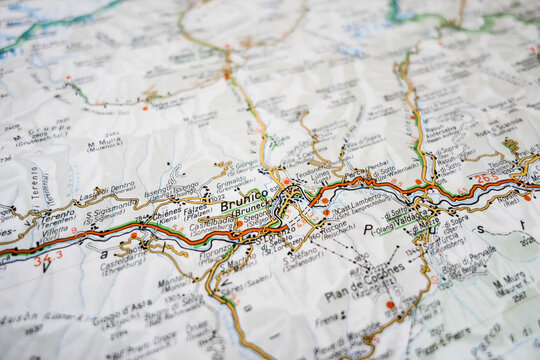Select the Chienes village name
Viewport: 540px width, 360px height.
[166, 211]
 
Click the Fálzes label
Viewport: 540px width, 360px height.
[197, 210]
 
